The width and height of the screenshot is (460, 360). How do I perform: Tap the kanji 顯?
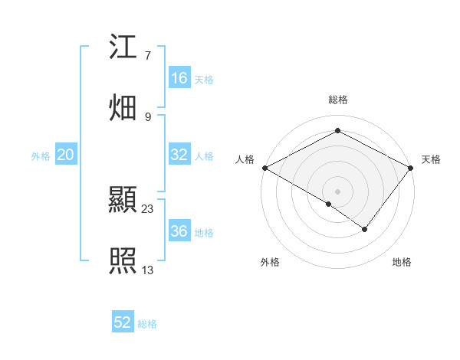click(123, 201)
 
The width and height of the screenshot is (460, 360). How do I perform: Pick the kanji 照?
click(123, 261)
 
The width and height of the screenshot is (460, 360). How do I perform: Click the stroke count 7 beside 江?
click(147, 55)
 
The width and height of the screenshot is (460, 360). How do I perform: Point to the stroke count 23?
click(148, 208)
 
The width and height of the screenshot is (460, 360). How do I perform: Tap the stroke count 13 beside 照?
click(148, 269)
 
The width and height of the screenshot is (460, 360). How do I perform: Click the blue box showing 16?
click(179, 78)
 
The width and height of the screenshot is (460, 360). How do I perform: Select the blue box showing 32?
click(179, 155)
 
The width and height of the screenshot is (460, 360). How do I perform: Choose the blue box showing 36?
click(179, 231)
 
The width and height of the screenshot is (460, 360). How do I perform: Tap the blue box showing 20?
click(66, 155)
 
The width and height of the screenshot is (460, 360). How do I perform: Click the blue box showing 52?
click(123, 322)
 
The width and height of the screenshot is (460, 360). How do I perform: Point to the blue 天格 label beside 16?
click(204, 79)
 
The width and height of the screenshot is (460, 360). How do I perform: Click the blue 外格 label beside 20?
click(41, 155)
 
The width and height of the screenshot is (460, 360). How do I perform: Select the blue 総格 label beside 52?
click(147, 323)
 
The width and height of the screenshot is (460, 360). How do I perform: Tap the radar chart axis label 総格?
click(338, 100)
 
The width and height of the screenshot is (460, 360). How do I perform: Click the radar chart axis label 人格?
click(245, 159)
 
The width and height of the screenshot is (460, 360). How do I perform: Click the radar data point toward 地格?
click(365, 229)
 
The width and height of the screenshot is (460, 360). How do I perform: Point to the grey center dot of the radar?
click(338, 191)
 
